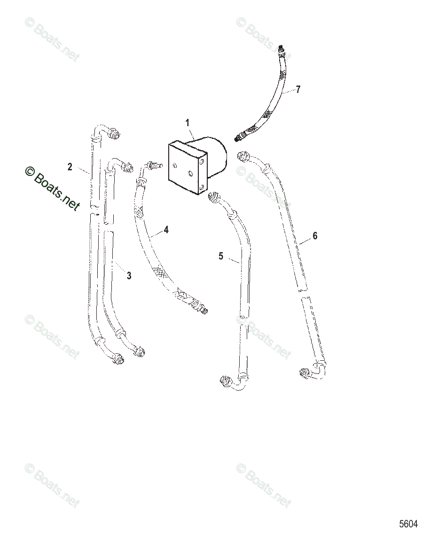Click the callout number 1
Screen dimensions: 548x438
(188, 123)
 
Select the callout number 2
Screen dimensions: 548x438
(70, 167)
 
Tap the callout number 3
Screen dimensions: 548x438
(129, 276)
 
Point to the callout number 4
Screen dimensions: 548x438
(166, 230)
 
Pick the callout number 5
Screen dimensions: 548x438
(221, 256)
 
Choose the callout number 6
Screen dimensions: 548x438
(315, 236)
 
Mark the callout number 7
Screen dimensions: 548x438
(297, 90)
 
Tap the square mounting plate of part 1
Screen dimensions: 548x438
(187, 168)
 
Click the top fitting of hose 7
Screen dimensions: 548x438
(281, 49)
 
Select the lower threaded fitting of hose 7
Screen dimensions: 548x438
(241, 136)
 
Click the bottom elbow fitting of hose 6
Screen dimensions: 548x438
(306, 373)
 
